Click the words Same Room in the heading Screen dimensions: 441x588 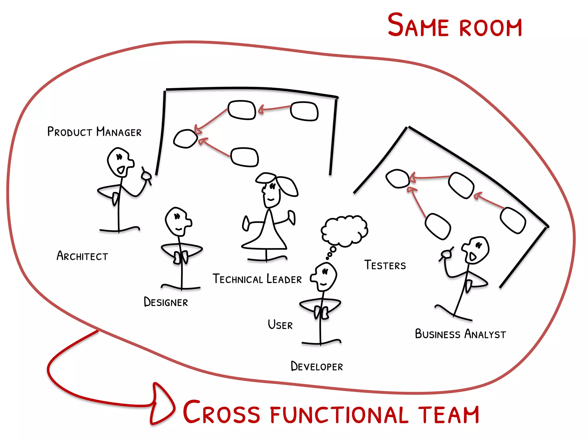[x=454, y=26]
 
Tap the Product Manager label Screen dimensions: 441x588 [x=94, y=132]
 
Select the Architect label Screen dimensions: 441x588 [x=82, y=256]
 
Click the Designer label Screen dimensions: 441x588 [x=166, y=302]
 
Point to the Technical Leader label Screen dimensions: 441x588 [x=257, y=279]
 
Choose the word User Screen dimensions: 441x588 [x=280, y=325]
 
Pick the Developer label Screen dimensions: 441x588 [x=317, y=366]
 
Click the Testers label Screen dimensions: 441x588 [x=385, y=265]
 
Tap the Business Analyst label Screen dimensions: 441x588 [x=460, y=334]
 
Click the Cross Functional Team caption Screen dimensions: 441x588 [x=331, y=413]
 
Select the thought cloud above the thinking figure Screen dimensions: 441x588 [x=344, y=231]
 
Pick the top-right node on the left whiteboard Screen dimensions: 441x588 [x=304, y=111]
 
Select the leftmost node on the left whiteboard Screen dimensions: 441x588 [x=185, y=139]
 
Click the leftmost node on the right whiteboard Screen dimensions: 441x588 [x=397, y=179]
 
